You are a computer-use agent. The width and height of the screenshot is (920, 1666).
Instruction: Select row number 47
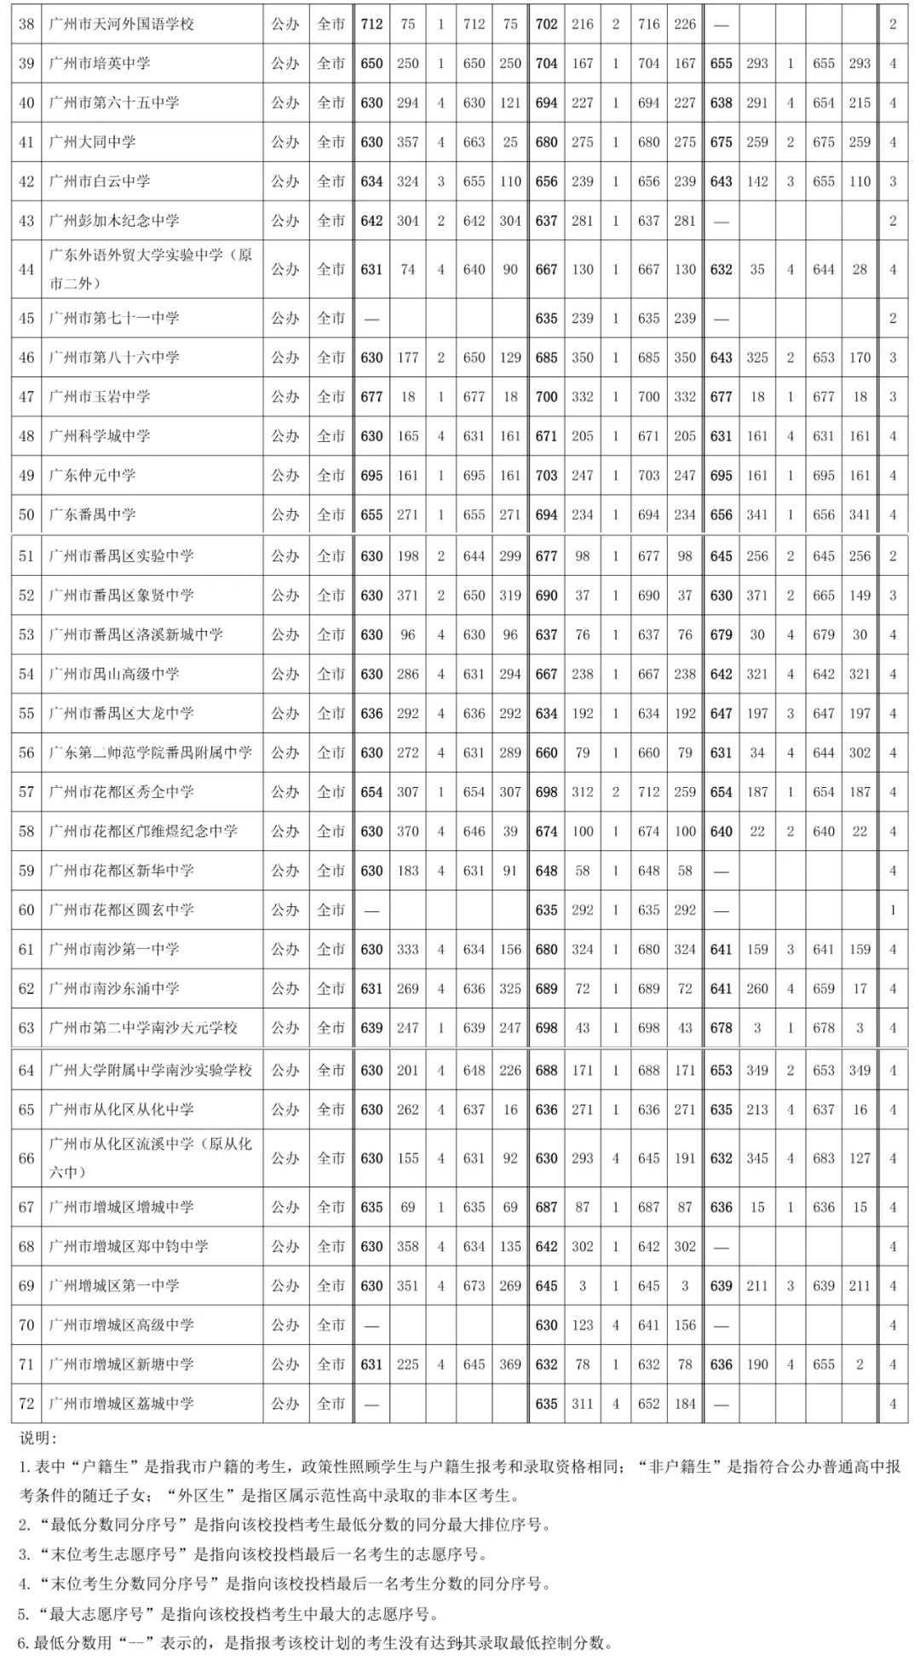26,396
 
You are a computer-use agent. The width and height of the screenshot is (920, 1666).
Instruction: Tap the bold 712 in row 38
371,24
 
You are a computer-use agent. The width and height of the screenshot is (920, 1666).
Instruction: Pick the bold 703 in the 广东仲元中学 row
546,475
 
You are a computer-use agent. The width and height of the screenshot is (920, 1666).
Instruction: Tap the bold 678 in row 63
721,1028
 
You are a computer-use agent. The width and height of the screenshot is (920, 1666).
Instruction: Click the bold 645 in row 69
546,1286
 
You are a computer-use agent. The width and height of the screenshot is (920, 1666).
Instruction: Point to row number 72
26,1404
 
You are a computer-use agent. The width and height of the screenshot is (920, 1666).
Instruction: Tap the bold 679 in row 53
721,635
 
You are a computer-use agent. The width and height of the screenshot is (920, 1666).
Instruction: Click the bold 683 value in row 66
824,1158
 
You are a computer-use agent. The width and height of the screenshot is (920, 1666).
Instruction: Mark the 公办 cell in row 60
285,910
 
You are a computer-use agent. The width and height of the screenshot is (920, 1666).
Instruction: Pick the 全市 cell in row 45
331,318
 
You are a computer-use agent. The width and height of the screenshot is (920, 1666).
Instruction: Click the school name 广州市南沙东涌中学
114,989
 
